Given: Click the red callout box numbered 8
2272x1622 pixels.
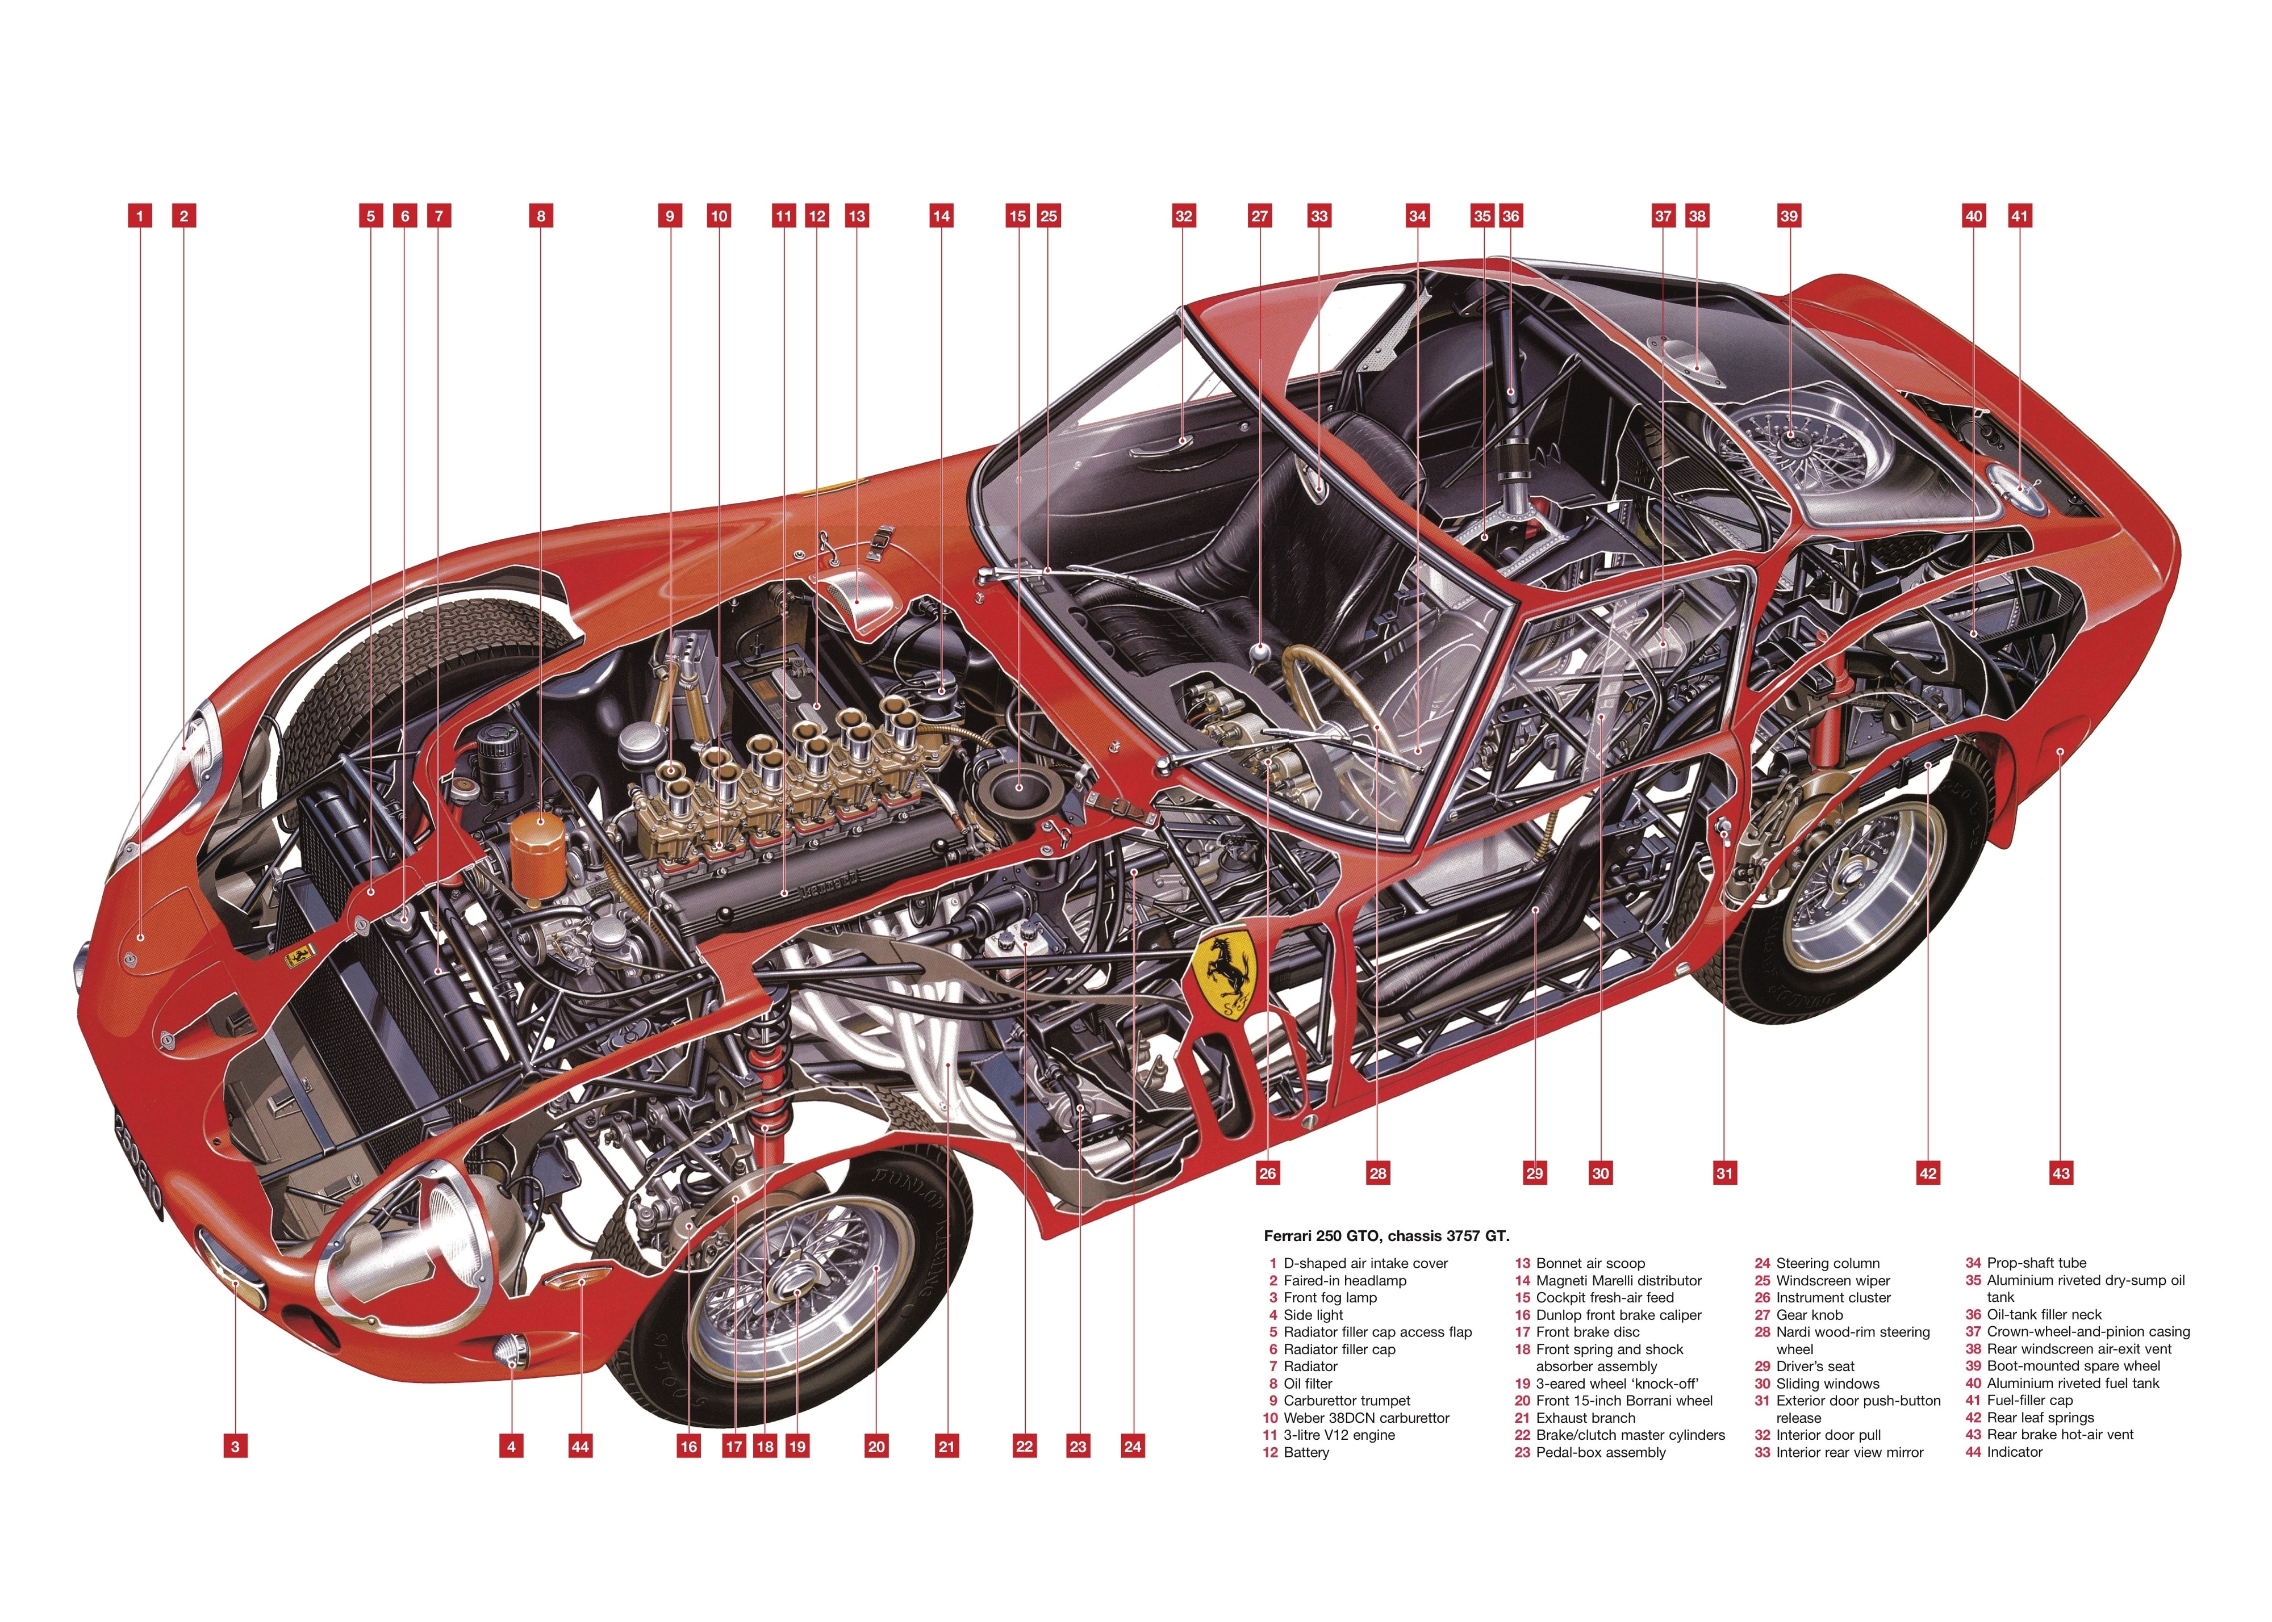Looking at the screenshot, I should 541,216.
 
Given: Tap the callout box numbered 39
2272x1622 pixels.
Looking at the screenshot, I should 1789,216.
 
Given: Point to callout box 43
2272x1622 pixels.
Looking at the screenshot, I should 2060,1173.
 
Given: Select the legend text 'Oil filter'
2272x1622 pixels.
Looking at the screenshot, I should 1308,1384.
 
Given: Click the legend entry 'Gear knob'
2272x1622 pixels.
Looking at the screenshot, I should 1810,1314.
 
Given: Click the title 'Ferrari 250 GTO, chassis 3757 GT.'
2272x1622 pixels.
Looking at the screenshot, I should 1386,1235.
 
